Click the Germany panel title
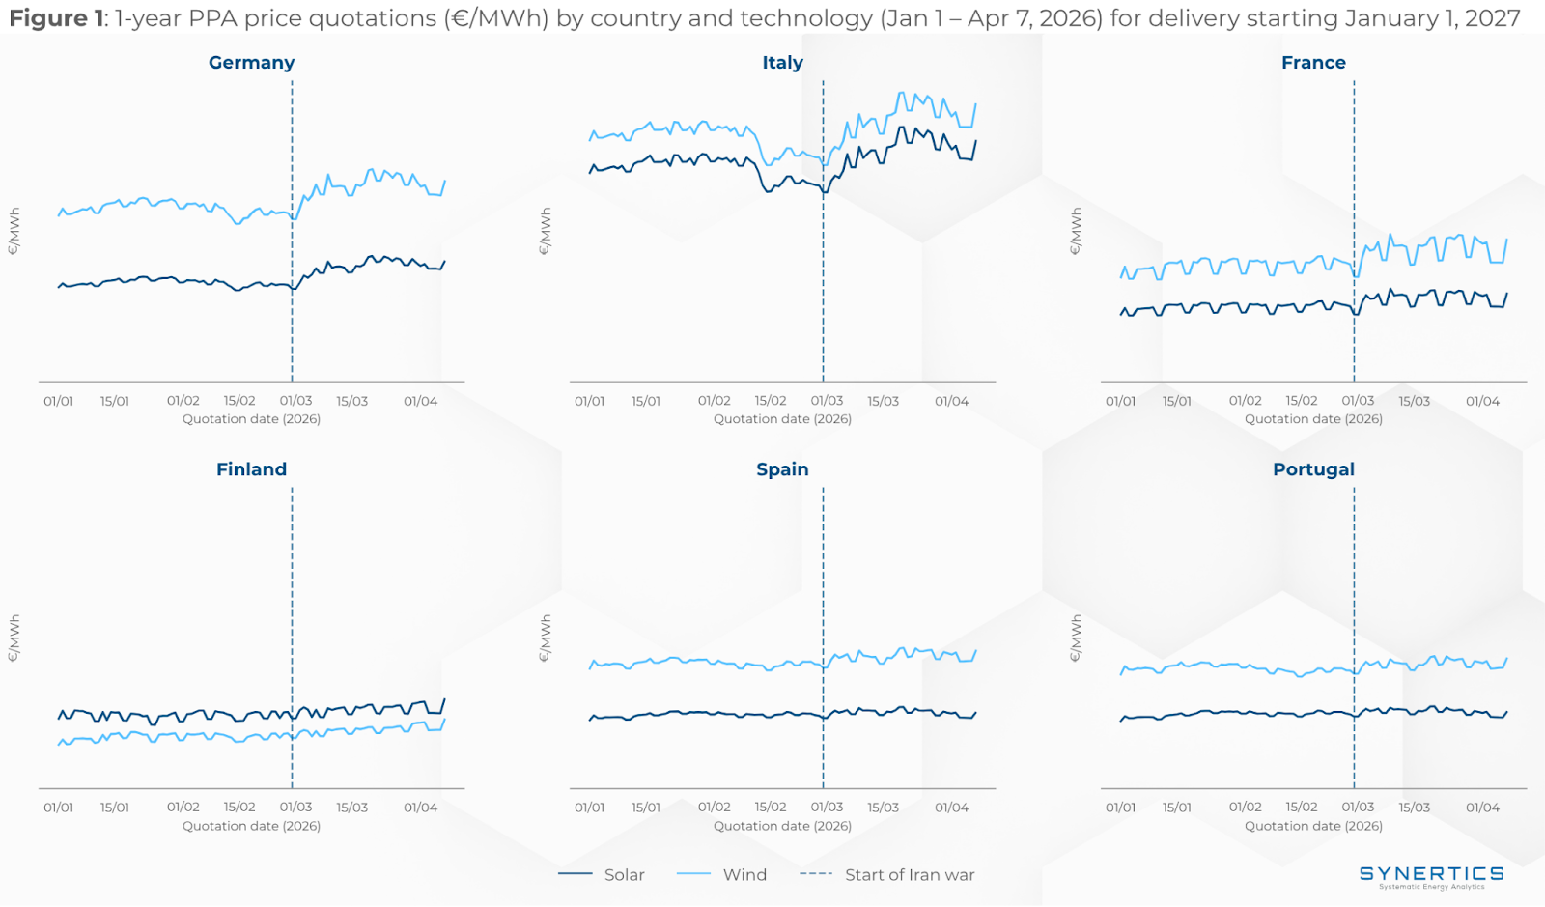[x=251, y=63]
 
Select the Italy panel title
[x=782, y=63]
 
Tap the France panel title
[x=1313, y=63]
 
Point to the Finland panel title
[x=251, y=469]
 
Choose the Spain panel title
[x=782, y=469]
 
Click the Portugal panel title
[x=1313, y=469]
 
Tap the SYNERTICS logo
[x=1431, y=875]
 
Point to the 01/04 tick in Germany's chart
[x=420, y=401]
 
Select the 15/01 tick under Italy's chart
[x=646, y=401]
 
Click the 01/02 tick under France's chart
[x=1245, y=401]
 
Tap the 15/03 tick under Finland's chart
[x=351, y=808]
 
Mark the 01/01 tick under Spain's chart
[x=589, y=808]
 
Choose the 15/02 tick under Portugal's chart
[x=1301, y=808]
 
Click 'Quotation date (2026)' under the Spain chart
[x=782, y=826]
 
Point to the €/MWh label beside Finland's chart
[x=14, y=638]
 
